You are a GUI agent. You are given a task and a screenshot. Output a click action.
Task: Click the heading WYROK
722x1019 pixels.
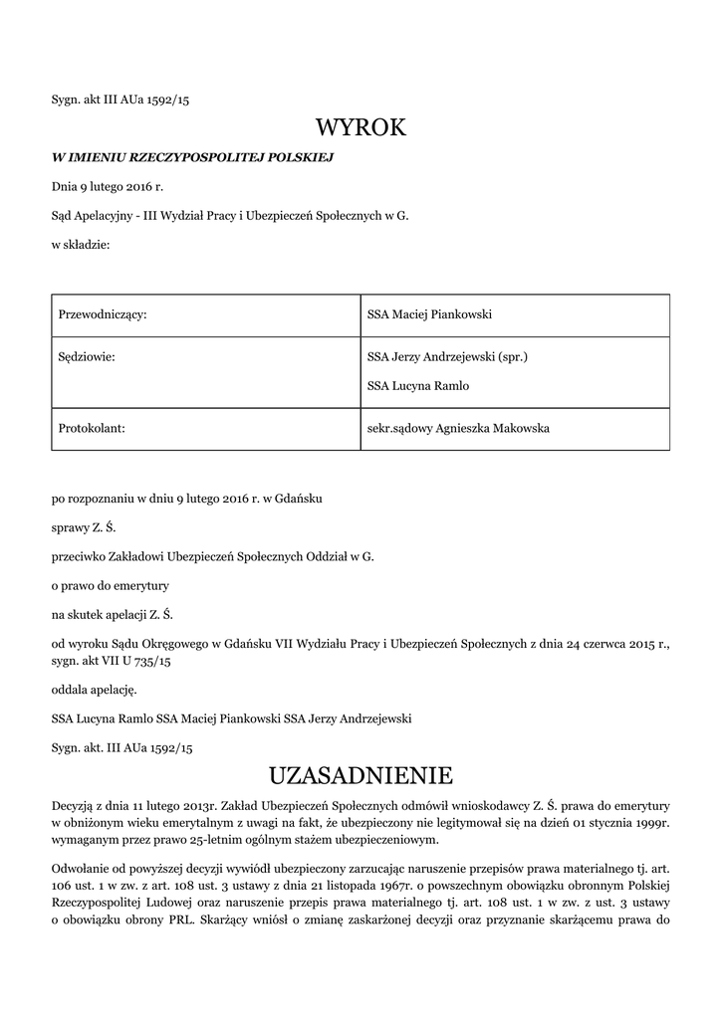pos(361,127)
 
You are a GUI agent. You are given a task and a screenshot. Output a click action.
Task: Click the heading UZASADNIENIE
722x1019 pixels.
pos(361,774)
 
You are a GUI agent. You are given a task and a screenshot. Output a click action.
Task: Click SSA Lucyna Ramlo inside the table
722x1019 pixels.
pos(418,386)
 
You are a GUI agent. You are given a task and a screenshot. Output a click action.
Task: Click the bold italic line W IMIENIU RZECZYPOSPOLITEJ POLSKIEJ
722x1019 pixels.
pos(192,157)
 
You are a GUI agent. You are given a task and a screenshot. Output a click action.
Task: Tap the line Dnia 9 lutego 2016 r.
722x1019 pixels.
pos(108,186)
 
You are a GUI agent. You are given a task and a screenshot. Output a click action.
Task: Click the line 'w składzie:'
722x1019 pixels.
pos(81,244)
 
